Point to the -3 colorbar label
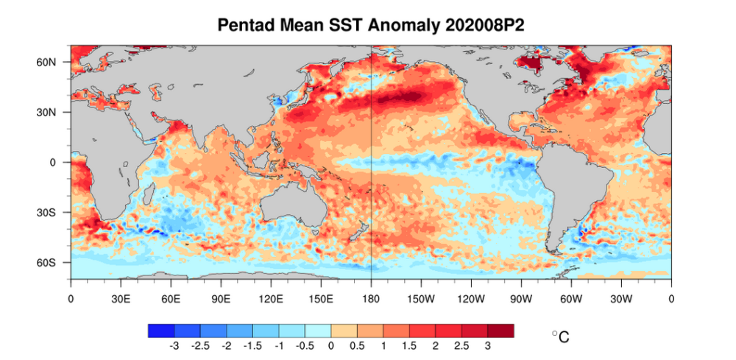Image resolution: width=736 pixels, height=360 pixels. coord(174,345)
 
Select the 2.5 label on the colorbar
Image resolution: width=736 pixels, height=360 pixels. coord(461,345)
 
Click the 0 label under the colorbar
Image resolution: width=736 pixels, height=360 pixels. coord(331,345)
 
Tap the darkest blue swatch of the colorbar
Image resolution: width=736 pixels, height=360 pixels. coord(160,331)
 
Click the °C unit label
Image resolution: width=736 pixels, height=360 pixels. coord(560,337)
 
